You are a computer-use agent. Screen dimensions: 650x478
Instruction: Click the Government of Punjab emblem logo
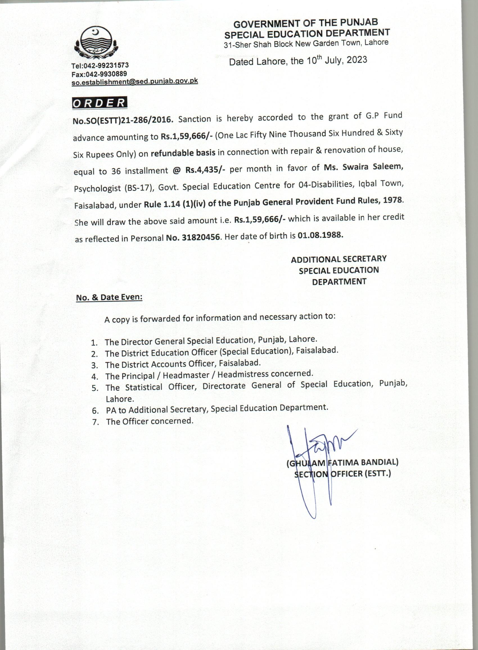tap(96, 42)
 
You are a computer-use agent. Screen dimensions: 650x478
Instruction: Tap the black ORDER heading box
tap(99, 103)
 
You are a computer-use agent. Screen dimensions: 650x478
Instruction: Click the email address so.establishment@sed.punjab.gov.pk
tap(135, 81)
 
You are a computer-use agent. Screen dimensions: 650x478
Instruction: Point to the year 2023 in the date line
tap(357, 60)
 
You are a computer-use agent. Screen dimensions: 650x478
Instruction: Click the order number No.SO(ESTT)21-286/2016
tap(123, 120)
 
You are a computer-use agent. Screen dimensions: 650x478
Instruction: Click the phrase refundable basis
tap(183, 153)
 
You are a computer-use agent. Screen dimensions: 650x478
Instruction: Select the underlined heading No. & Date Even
tap(109, 298)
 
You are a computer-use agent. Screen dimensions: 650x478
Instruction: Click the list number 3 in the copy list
tap(94, 366)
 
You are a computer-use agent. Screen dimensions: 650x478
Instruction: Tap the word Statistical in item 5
tap(144, 387)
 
